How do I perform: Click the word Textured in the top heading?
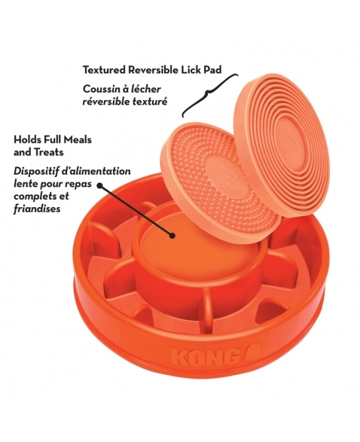point(103,69)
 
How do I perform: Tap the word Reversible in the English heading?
point(154,69)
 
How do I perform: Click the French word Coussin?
point(101,89)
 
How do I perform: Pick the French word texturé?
point(147,102)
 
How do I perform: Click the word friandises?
point(37,209)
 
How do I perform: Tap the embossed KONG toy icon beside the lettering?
point(252,352)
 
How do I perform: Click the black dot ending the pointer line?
point(172,236)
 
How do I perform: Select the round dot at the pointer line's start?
point(100,185)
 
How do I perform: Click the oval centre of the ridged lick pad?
point(291,145)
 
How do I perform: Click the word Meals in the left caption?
point(78,139)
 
